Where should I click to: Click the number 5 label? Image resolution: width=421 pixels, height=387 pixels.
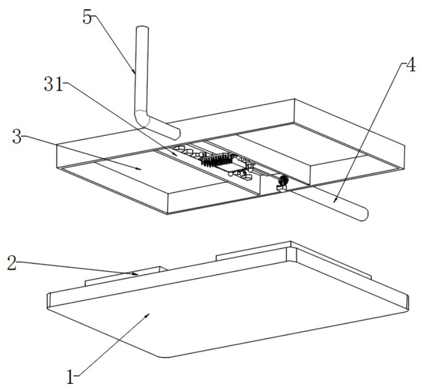(x=87, y=17)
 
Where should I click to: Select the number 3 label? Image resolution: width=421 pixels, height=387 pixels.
(x=17, y=137)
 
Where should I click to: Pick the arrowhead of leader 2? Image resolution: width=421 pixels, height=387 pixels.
(x=137, y=274)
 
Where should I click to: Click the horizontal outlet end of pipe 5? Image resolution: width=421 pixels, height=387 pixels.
(x=176, y=132)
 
